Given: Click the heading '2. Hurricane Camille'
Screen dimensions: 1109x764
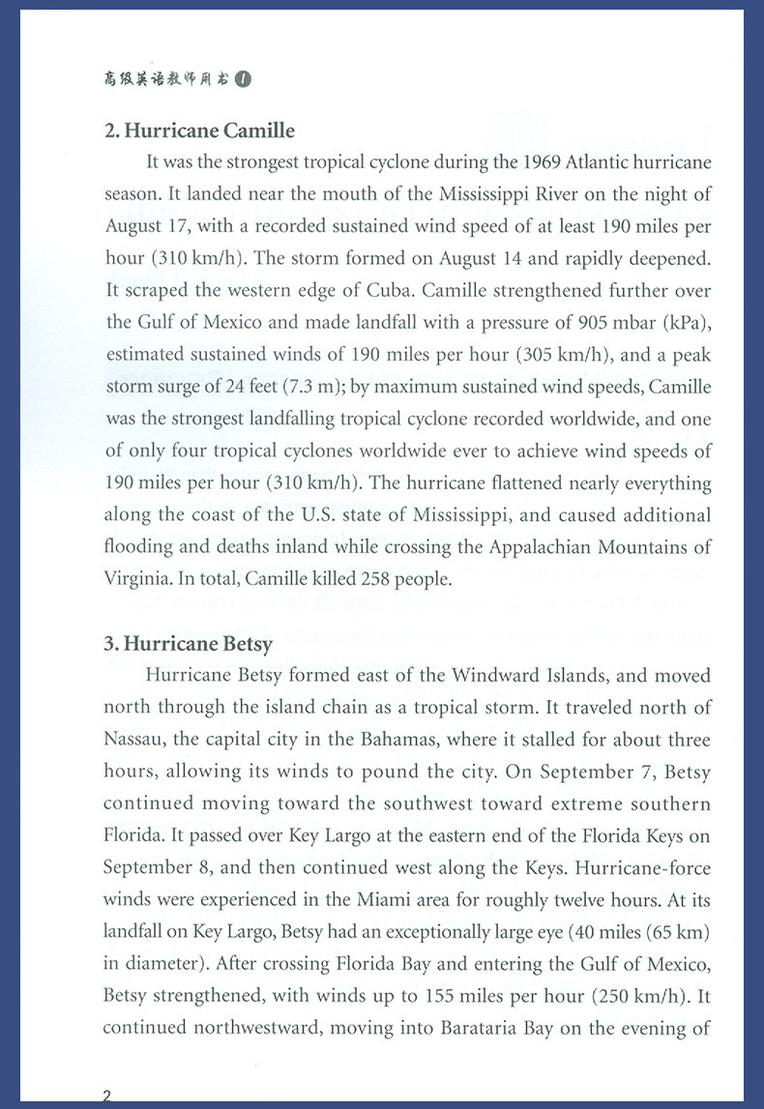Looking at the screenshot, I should coord(199,131).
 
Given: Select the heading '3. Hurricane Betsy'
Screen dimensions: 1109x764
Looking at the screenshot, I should coord(188,643).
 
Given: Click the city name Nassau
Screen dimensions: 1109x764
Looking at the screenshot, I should coord(134,740).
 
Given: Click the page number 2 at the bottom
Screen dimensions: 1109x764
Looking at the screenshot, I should coord(106,1095).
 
